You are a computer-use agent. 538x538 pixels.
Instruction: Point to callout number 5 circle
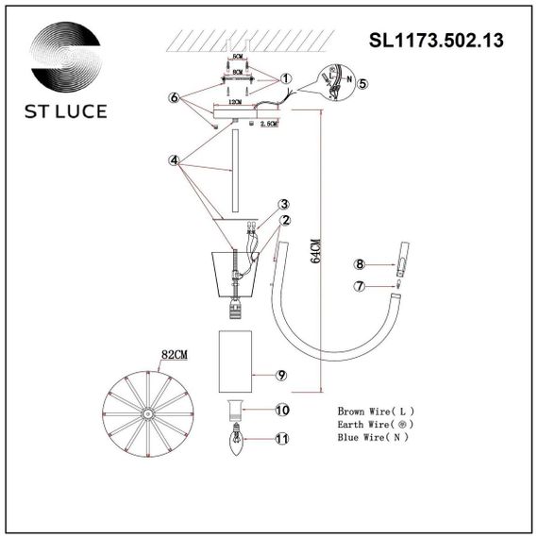click(364, 83)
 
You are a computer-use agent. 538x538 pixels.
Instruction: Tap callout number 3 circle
click(283, 204)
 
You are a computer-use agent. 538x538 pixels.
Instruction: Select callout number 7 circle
click(359, 286)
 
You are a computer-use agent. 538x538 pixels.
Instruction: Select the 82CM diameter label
click(174, 355)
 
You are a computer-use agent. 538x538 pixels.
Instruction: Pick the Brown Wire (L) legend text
click(375, 412)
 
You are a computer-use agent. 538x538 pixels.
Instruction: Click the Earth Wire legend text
click(374, 426)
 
